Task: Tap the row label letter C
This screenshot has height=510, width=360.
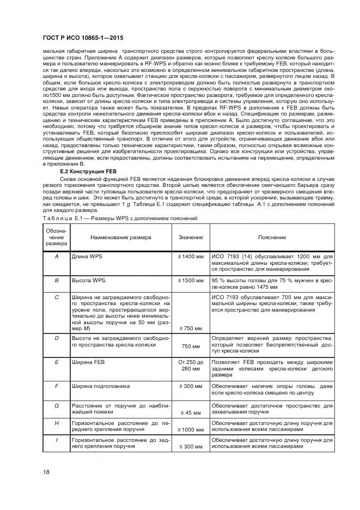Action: (57, 297)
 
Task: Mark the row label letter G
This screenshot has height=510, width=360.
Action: (57, 405)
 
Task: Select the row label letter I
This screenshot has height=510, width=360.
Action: (57, 439)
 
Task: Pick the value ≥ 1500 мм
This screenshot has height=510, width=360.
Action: (190, 280)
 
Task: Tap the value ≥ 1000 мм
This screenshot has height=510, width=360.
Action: (190, 429)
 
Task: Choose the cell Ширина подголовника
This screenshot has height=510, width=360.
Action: (101, 386)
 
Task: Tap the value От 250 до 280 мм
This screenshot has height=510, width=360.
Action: (190, 365)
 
